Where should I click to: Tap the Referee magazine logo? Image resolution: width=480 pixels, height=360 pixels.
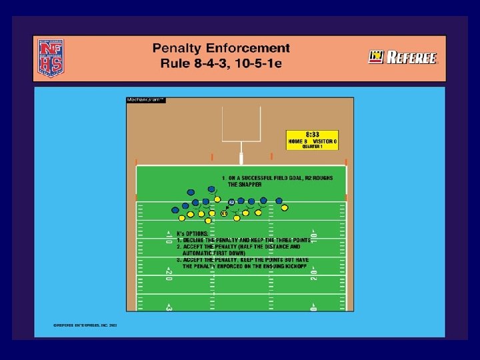point(403,58)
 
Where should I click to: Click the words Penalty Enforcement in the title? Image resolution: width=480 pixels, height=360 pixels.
point(221,48)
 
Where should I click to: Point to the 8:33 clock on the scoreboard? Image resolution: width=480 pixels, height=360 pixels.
point(312,134)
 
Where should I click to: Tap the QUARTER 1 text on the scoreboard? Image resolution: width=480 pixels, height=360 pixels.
point(312,147)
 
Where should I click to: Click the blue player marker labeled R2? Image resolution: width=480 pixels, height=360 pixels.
point(231,201)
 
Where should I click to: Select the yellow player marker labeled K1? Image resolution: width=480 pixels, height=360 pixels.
point(224,213)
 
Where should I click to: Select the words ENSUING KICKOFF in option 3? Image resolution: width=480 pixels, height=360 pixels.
point(280,265)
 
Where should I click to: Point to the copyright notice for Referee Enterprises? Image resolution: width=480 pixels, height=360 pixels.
point(85,325)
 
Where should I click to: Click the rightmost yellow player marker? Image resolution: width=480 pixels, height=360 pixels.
point(285,208)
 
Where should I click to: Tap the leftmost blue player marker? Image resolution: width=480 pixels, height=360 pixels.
point(175,209)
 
